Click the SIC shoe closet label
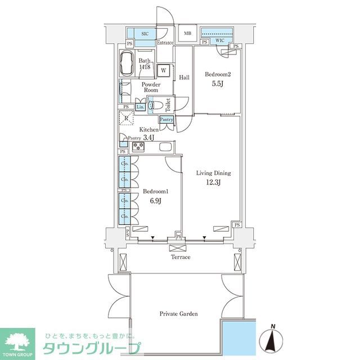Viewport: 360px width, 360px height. tap(144, 34)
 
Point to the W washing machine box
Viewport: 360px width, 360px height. tap(163, 70)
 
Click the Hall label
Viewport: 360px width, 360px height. tap(184, 77)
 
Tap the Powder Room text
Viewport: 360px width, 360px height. tap(151, 87)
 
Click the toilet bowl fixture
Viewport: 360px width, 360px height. tap(160, 104)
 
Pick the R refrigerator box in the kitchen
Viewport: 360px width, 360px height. tap(127, 119)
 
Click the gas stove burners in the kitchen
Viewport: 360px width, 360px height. tap(138, 147)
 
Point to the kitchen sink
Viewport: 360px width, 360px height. tap(166, 147)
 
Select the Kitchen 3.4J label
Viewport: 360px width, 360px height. tap(147, 133)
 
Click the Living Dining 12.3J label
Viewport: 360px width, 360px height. tap(214, 177)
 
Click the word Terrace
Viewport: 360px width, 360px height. tap(181, 257)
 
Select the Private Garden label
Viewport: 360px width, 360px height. tap(178, 314)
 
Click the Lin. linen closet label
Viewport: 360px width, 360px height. tap(140, 106)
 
